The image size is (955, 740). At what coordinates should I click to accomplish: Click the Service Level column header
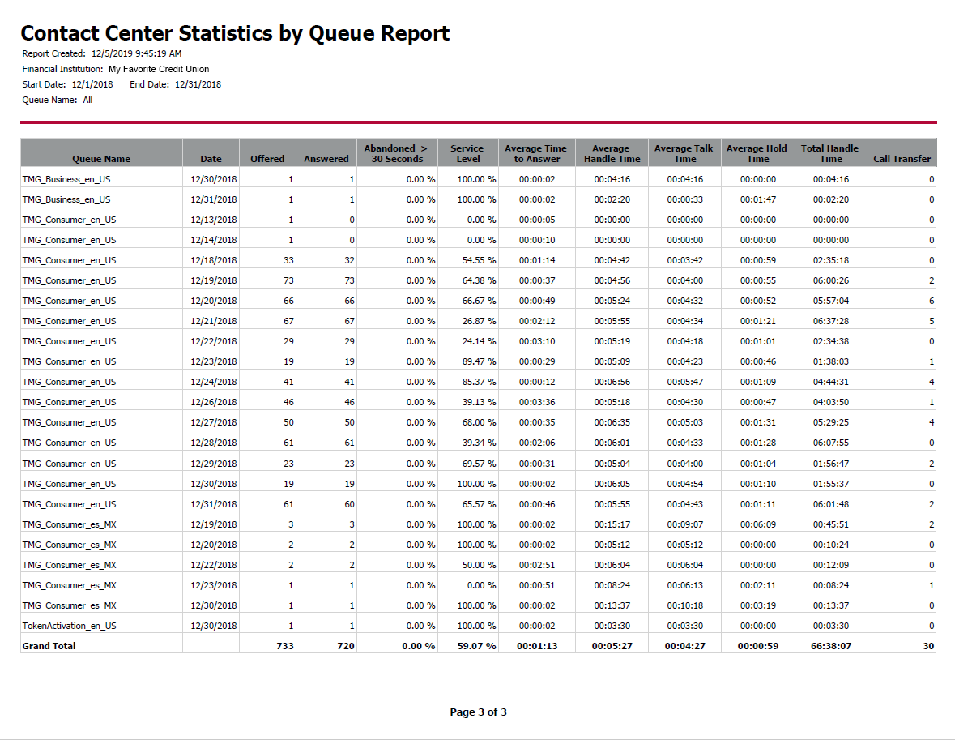click(x=467, y=153)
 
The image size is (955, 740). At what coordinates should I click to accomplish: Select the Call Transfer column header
click(x=902, y=159)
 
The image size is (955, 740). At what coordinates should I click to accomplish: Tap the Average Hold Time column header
click(x=757, y=153)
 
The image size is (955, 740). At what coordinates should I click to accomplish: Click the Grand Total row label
click(x=49, y=645)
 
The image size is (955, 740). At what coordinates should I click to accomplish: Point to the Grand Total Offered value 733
click(x=285, y=645)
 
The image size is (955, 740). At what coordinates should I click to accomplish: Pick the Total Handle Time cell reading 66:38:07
click(x=831, y=645)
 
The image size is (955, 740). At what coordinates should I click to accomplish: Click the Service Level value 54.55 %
click(x=479, y=260)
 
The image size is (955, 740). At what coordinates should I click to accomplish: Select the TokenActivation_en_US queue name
click(x=69, y=626)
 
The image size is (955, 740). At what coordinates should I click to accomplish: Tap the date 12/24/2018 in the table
click(x=213, y=382)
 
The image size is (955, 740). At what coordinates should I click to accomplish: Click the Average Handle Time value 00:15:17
click(x=612, y=524)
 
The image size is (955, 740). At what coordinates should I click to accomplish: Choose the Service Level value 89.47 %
click(x=479, y=361)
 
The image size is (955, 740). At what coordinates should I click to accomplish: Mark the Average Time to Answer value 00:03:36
click(x=537, y=402)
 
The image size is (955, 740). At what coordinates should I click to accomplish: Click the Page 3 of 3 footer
click(x=478, y=712)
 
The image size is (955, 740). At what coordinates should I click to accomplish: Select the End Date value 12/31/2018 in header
click(x=198, y=84)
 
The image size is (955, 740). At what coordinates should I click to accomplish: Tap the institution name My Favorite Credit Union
click(x=158, y=69)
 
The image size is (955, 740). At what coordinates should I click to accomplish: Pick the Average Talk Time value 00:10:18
click(x=684, y=605)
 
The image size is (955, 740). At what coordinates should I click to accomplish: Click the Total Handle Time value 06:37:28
click(x=831, y=321)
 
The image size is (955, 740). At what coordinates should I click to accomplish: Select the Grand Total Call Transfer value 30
click(x=928, y=645)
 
